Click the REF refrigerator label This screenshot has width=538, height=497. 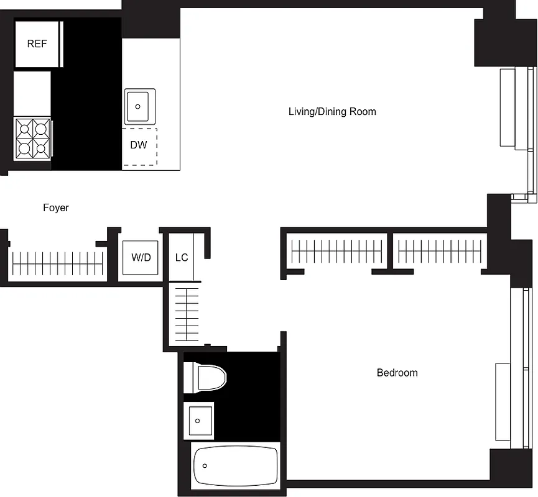tap(37, 44)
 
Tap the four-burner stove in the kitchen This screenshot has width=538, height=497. tap(33, 139)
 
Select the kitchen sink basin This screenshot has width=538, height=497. tap(139, 106)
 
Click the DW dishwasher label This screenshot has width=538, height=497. tap(139, 145)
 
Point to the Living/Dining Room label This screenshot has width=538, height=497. tap(332, 112)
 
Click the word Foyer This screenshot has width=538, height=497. tap(56, 207)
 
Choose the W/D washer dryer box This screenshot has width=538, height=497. tap(141, 257)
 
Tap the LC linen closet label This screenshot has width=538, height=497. tap(182, 257)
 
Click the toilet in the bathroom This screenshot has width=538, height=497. tap(206, 377)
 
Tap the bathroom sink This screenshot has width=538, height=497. tap(198, 421)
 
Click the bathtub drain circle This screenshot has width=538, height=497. tap(204, 465)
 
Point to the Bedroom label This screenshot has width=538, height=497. tap(397, 373)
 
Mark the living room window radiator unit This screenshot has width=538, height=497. tap(508, 108)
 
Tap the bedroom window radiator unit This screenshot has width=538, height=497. tap(502, 401)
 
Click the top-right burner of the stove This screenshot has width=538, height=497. tap(42, 129)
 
